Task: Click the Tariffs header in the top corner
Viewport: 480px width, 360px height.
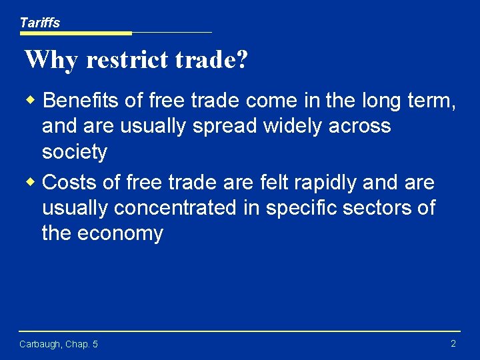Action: [39, 23]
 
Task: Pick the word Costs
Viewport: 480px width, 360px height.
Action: [71, 182]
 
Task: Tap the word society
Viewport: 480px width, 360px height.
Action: [74, 152]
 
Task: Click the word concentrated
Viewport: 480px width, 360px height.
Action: [175, 208]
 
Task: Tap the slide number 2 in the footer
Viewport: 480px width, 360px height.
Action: [453, 343]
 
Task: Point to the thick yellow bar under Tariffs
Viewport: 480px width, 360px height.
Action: [75, 33]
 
